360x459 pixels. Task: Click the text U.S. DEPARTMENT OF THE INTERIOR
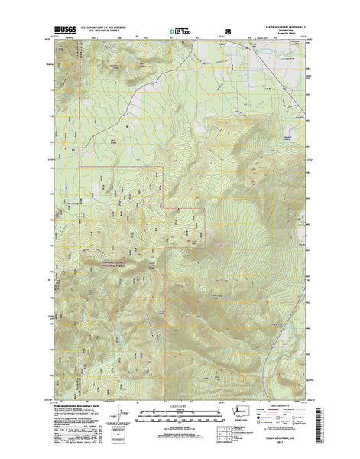coord(110,28)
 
